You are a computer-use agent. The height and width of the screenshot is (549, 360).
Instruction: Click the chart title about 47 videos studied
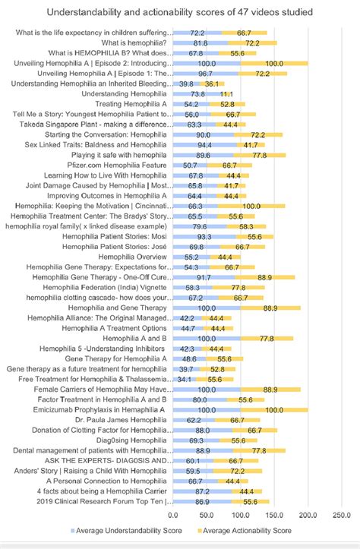(179, 12)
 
